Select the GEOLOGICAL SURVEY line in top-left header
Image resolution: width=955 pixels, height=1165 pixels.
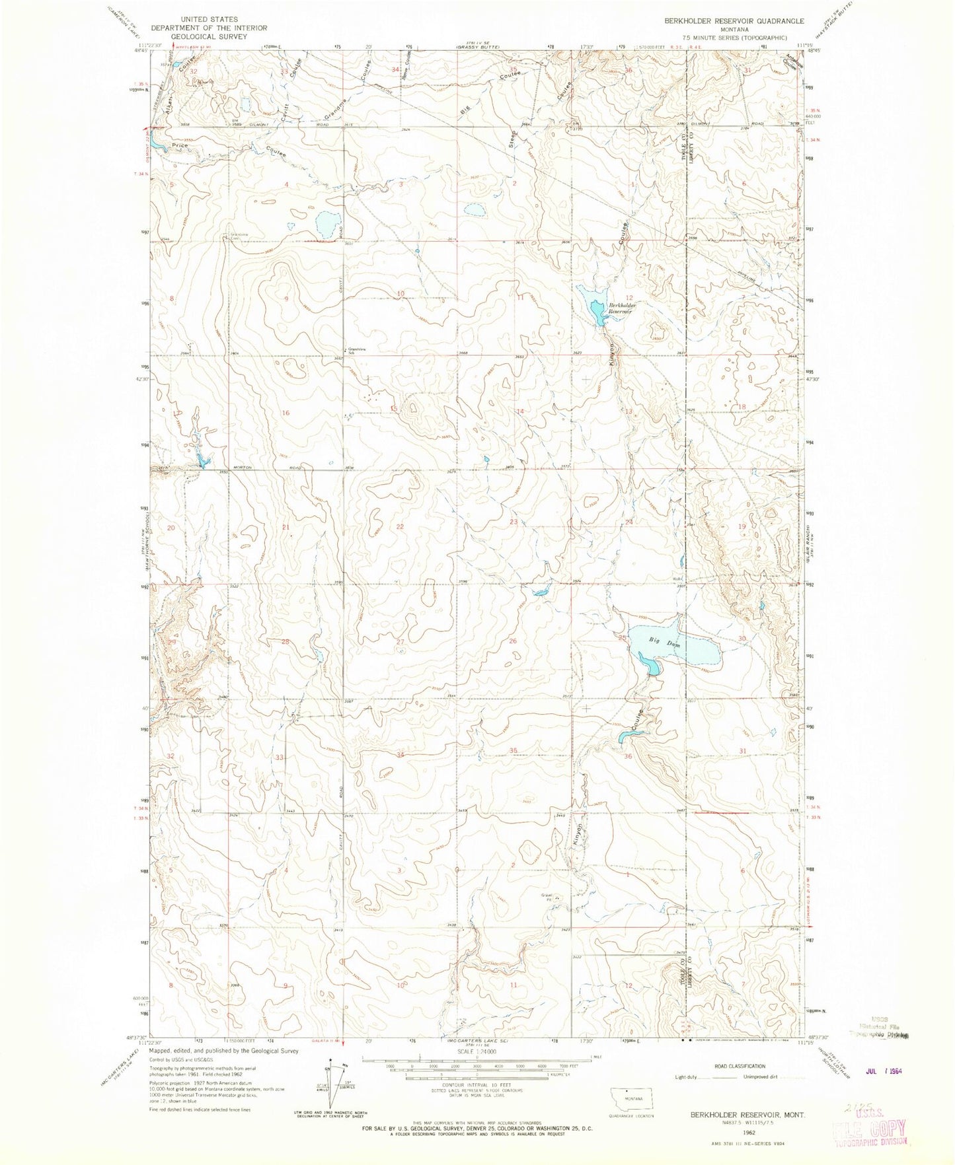208,36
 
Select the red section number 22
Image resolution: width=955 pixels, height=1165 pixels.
400,526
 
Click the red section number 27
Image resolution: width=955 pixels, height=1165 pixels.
400,641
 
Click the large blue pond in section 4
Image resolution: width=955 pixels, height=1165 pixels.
328,225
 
